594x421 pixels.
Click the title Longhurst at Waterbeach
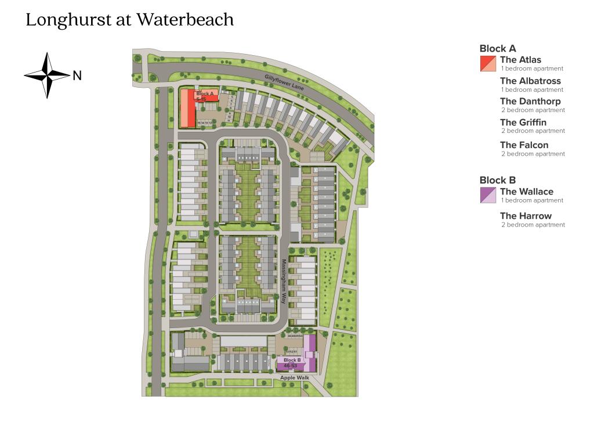pyautogui.click(x=129, y=20)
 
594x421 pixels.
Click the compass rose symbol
pyautogui.click(x=47, y=75)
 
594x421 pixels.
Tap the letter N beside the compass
pyautogui.click(x=77, y=75)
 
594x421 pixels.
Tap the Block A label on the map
pyautogui.click(x=205, y=93)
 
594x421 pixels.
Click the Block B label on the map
pyautogui.click(x=292, y=361)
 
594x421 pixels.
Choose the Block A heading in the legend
pyautogui.click(x=497, y=49)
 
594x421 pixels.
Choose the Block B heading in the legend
pyautogui.click(x=497, y=180)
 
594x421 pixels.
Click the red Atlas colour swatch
pyautogui.click(x=488, y=63)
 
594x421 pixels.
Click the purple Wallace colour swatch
pyautogui.click(x=488, y=195)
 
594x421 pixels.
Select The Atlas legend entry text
pyautogui.click(x=520, y=60)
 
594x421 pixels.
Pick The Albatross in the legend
pyautogui.click(x=530, y=81)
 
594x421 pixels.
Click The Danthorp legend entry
pyautogui.click(x=530, y=102)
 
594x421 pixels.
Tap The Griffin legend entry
pyautogui.click(x=523, y=123)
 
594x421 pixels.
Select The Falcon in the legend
pyautogui.click(x=524, y=145)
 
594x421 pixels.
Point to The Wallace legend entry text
pyautogui.click(x=527, y=192)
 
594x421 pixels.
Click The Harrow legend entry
pyautogui.click(x=526, y=216)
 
